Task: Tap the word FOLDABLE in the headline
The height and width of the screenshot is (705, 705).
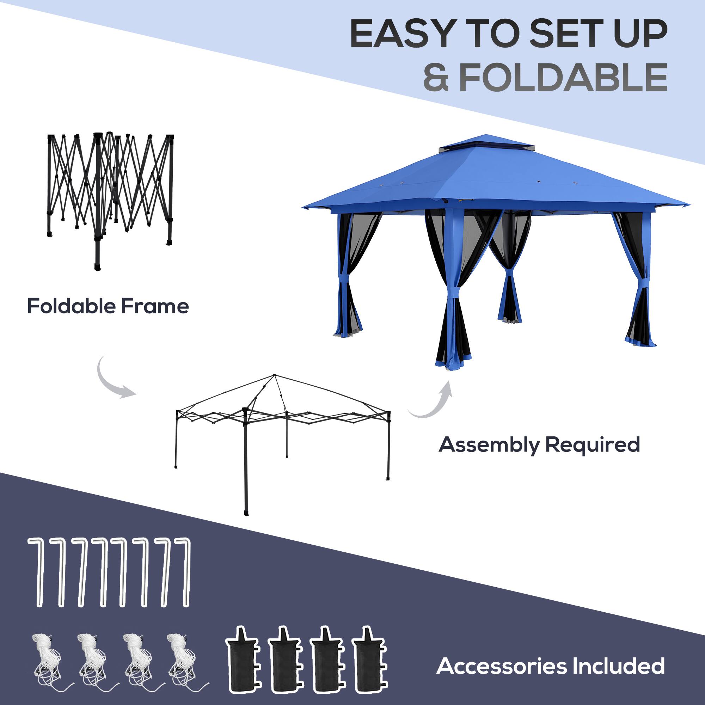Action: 563,77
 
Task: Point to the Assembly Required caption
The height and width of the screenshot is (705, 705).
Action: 539,445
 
